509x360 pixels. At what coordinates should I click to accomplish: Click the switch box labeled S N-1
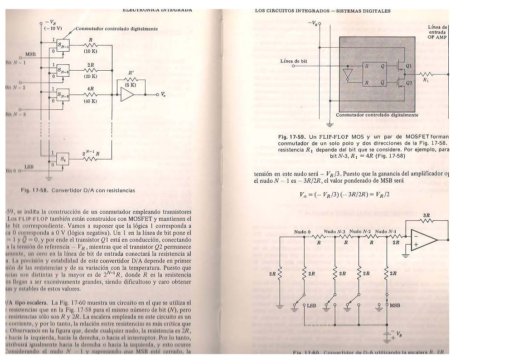(x=63, y=45)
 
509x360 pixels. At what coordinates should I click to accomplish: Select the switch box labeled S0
(x=63, y=159)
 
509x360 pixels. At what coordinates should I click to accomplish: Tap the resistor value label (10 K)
(x=91, y=51)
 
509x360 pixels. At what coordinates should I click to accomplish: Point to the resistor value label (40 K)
(x=91, y=101)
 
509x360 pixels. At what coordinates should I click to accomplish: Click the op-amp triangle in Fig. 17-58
(x=127, y=95)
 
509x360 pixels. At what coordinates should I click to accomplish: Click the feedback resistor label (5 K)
(x=131, y=85)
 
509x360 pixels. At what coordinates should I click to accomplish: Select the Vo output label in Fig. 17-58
(x=163, y=95)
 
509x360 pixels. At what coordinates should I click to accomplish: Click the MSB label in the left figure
(x=30, y=54)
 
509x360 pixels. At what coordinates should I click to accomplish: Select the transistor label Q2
(x=409, y=83)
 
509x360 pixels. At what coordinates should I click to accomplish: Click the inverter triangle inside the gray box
(x=348, y=73)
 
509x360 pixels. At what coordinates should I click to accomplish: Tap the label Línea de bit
(x=294, y=61)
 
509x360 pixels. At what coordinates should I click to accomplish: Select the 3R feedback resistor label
(x=426, y=215)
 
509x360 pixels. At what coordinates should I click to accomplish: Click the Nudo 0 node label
(x=302, y=232)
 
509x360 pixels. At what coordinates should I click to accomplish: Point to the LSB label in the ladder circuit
(x=311, y=306)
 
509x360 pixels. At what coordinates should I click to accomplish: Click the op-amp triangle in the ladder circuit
(x=424, y=240)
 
